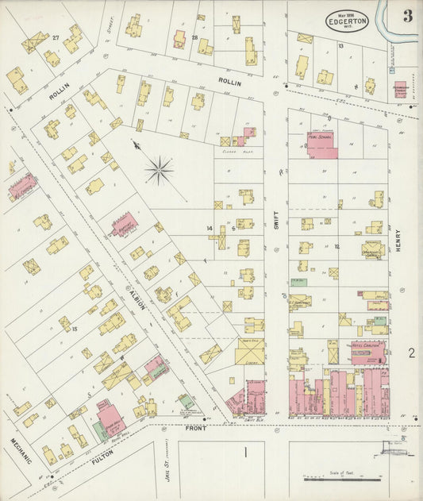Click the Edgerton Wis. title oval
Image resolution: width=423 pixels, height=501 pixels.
point(346,20)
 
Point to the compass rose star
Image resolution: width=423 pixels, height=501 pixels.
point(160,170)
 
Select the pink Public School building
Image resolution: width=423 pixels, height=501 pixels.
point(321,145)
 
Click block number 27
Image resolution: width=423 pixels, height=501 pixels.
point(56,37)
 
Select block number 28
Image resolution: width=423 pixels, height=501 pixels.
point(194,37)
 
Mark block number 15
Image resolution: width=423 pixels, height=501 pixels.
point(74,329)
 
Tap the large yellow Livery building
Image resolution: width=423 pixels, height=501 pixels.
point(250,350)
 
